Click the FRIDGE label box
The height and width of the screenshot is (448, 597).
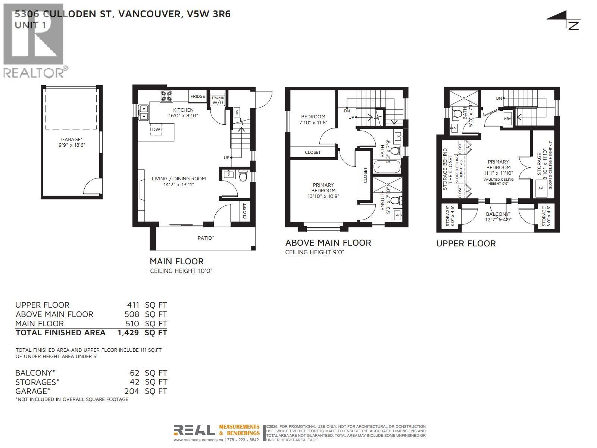[x=197, y=96]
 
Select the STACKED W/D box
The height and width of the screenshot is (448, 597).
[x=218, y=100]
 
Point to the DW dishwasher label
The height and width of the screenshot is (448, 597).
[x=156, y=130]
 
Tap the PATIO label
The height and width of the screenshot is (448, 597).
[x=206, y=238]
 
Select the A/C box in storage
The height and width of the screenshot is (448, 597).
[x=541, y=188]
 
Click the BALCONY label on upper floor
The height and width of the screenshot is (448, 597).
[x=498, y=214]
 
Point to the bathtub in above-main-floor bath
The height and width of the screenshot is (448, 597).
[x=387, y=166]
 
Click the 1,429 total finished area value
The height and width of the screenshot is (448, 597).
[x=128, y=333]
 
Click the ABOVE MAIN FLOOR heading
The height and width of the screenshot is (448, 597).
[x=328, y=243]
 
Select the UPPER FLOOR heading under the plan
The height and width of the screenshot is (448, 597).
[x=466, y=243]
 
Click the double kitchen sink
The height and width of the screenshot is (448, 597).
[x=144, y=113]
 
